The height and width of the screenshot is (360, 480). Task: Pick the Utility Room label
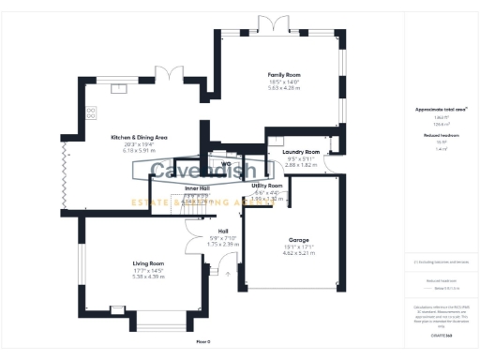(267, 186)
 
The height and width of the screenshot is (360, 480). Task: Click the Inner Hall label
(198, 188)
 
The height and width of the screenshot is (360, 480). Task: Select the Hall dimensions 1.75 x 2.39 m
(223, 245)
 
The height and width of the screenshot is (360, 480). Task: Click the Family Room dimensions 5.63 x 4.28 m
(284, 87)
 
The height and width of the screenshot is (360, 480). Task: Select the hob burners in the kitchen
(92, 112)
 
